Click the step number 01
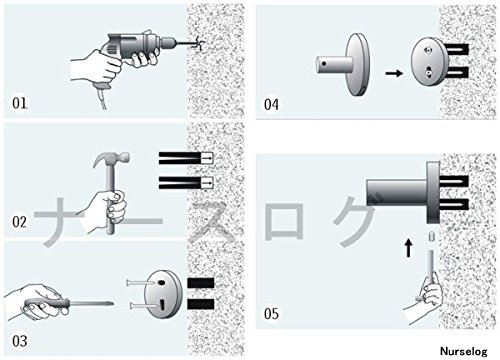[x=19, y=103]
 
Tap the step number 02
[x=19, y=222]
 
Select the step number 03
[x=20, y=341]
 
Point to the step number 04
[x=271, y=105]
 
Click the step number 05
[x=271, y=314]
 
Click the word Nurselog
[x=464, y=351]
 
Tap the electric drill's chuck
[x=169, y=42]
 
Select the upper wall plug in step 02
[x=186, y=158]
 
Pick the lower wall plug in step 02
[x=186, y=183]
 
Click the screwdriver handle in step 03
[x=47, y=304]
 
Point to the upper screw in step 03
[x=141, y=283]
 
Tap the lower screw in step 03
[x=143, y=305]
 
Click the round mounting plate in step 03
[x=163, y=294]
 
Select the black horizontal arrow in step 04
[x=394, y=73]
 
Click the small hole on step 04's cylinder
[x=324, y=63]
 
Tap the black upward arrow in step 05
[x=409, y=248]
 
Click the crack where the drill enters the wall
[x=197, y=44]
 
